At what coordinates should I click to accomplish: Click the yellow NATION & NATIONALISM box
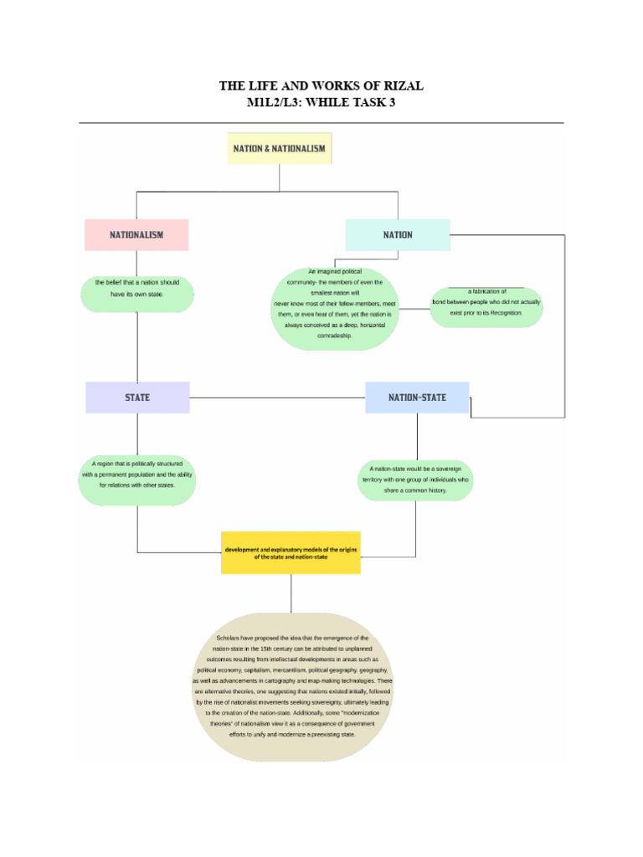(279, 148)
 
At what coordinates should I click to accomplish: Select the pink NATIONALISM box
(136, 235)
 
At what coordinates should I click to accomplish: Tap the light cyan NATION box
(398, 235)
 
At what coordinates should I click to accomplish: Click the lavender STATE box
(137, 398)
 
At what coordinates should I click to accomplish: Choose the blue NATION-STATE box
(417, 398)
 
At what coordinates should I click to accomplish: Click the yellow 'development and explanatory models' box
(291, 552)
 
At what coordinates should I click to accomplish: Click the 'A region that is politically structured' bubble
(137, 480)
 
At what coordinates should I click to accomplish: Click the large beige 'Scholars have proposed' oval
(291, 686)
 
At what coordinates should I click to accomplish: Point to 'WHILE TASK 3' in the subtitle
(353, 102)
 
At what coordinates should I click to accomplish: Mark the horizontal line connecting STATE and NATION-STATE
(276, 398)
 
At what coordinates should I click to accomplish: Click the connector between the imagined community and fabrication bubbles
(414, 308)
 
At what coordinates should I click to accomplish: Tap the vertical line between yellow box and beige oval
(291, 593)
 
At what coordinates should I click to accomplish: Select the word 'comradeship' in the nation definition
(335, 336)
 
